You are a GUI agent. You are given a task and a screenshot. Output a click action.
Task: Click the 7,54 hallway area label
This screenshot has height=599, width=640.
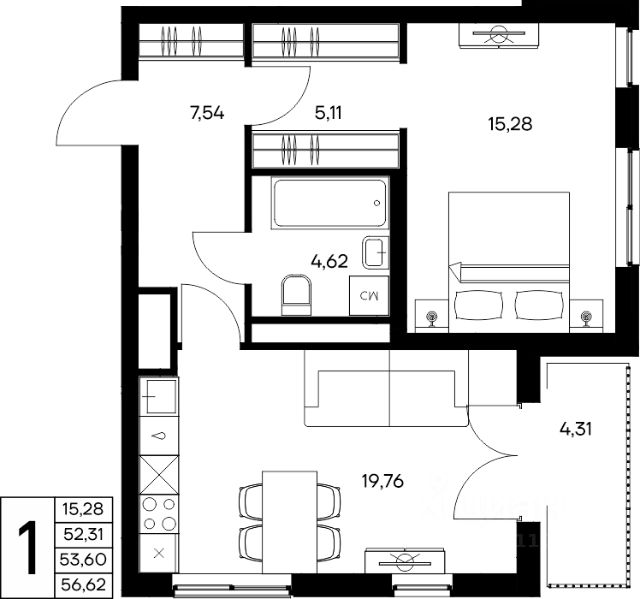[207, 113]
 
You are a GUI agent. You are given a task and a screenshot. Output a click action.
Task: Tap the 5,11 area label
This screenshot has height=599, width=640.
[328, 113]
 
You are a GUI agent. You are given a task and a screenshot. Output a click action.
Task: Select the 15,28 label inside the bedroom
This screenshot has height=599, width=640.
[510, 123]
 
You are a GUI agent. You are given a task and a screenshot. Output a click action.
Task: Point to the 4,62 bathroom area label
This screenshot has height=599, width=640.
[329, 261]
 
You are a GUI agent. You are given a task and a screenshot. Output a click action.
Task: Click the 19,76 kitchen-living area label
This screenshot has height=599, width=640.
[383, 481]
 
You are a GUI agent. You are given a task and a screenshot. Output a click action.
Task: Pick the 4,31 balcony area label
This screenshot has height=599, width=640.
[576, 429]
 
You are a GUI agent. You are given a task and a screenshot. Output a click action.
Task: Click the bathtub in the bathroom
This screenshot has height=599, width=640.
[330, 203]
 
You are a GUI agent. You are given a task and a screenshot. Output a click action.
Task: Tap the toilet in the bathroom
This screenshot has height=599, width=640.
[296, 295]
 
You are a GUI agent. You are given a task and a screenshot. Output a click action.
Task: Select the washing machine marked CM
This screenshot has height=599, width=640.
[369, 296]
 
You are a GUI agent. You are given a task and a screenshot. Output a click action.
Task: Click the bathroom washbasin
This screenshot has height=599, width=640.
[375, 253]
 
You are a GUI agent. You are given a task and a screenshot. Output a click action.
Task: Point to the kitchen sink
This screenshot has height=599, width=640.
[159, 396]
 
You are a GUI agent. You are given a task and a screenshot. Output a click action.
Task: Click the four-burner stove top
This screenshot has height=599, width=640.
[159, 514]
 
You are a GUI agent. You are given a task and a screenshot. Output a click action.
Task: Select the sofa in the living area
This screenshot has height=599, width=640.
[386, 388]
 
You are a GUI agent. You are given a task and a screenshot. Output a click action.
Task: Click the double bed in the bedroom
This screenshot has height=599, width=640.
[509, 262]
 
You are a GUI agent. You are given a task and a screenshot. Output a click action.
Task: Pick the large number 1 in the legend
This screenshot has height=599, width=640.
[29, 548]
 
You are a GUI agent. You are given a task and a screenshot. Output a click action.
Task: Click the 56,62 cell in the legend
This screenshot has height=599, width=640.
[83, 585]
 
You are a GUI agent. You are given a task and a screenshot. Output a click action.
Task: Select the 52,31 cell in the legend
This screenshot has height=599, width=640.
[83, 534]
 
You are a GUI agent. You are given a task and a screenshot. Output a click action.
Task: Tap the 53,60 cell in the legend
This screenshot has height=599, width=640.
[83, 559]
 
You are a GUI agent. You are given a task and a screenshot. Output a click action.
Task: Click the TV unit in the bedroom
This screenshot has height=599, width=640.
[498, 35]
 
